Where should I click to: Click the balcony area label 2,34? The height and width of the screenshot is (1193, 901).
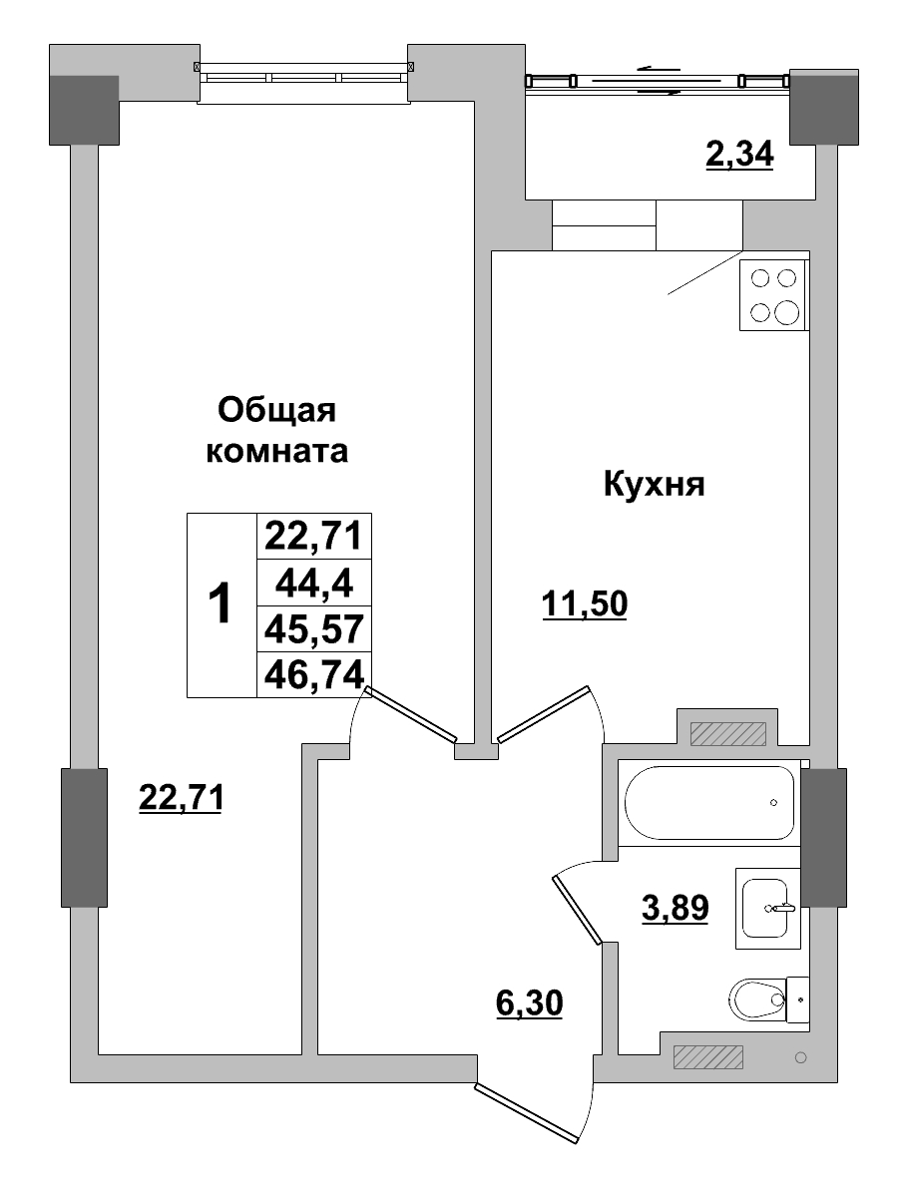tap(739, 156)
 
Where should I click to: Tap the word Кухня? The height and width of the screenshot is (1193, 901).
tap(654, 486)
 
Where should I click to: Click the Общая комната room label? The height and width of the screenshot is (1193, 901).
tap(276, 430)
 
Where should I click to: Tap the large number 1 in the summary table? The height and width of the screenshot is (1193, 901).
tap(221, 604)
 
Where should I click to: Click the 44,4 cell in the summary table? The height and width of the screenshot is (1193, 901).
tap(313, 583)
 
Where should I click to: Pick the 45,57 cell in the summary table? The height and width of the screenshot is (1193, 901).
tap(313, 628)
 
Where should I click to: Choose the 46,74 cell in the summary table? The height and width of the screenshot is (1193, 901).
tap(313, 675)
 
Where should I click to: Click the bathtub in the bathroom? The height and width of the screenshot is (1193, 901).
tap(709, 803)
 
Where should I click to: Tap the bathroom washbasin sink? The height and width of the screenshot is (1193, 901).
tap(768, 908)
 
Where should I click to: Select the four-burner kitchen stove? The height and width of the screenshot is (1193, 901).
tap(773, 295)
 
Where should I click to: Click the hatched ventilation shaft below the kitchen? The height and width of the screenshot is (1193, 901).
tap(726, 733)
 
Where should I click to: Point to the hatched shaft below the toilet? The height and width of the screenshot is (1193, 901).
tap(708, 1056)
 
